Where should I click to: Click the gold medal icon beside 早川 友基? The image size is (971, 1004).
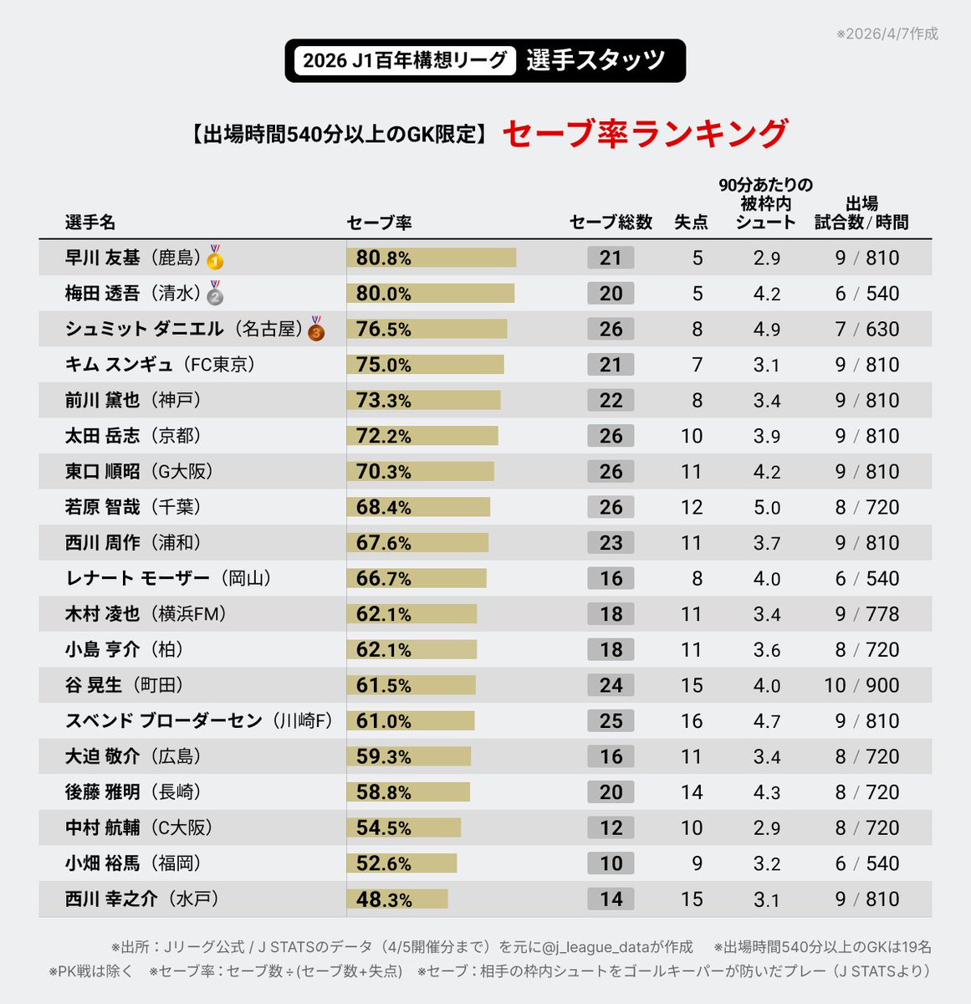(215, 257)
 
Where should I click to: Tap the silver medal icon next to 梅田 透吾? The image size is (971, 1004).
(215, 293)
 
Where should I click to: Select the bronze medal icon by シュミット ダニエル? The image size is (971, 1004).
(316, 328)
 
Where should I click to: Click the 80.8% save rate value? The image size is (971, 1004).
(383, 258)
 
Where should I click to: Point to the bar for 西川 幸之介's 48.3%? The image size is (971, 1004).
(397, 899)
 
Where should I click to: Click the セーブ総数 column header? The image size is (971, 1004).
(611, 222)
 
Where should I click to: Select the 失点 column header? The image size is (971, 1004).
(691, 222)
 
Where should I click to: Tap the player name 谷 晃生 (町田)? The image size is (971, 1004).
(124, 685)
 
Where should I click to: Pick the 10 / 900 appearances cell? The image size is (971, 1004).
(861, 685)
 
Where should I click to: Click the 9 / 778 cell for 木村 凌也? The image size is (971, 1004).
(866, 614)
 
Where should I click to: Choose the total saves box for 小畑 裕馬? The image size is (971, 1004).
(611, 863)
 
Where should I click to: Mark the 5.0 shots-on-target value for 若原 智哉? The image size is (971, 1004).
(766, 508)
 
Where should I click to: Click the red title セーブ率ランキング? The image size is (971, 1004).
(645, 134)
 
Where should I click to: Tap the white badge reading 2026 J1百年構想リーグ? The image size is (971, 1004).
(405, 60)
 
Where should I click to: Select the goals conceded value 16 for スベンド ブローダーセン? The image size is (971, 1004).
(691, 721)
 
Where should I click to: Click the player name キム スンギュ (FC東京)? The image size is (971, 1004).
(160, 365)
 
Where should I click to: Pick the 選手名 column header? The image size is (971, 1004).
(90, 223)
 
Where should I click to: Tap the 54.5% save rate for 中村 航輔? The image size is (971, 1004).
(383, 828)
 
